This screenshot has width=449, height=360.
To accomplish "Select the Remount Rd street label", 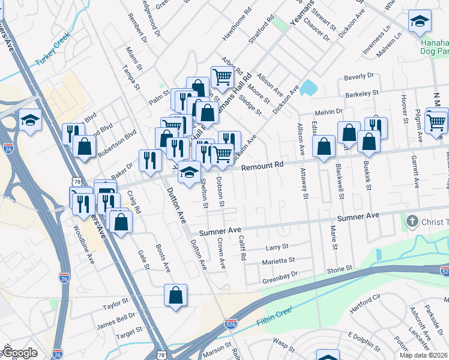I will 262,166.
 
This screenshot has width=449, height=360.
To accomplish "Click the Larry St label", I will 277,247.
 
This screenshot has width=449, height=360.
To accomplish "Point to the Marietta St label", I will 278,261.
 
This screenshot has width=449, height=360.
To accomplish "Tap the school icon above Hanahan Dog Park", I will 420,22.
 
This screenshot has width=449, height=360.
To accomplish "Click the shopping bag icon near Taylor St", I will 175,295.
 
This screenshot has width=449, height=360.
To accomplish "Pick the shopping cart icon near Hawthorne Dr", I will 222,77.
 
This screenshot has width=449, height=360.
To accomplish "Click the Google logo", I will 20,353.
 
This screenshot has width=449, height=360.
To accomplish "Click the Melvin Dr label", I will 329,112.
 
